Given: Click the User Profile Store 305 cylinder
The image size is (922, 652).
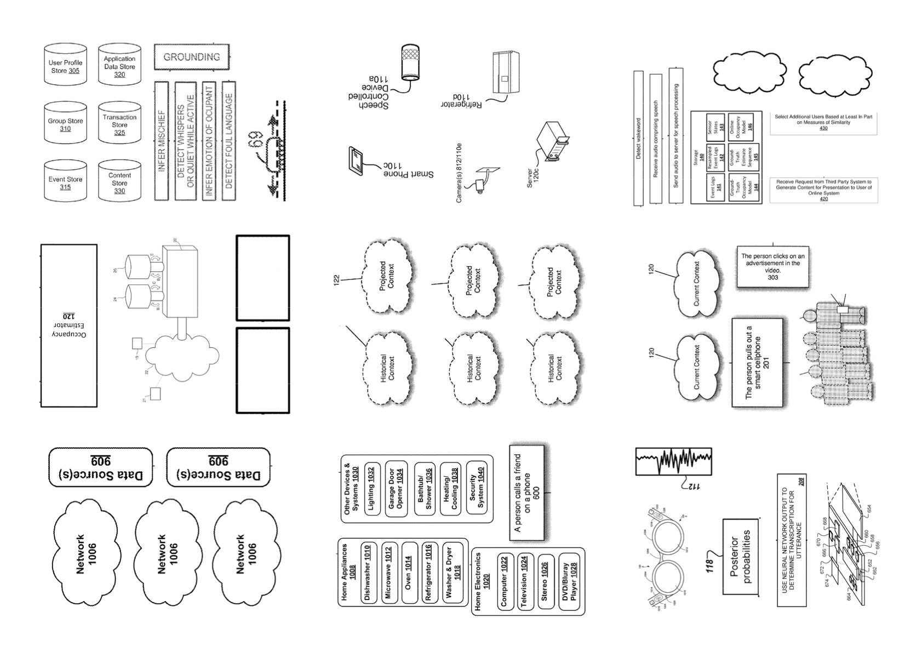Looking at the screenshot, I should point(65,66).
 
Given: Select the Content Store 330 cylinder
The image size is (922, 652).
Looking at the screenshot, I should point(119,182).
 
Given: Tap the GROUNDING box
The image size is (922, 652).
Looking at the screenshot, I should point(191,57).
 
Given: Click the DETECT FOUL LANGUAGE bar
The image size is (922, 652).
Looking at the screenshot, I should point(229,141).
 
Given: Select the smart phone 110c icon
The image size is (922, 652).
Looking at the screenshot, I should point(356,160).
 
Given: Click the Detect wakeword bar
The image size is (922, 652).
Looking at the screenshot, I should point(638,138).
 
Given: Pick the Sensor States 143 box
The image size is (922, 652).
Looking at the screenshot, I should point(715,128).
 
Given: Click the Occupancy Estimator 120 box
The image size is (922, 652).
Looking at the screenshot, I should point(69,325).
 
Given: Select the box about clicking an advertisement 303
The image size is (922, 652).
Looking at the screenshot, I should point(772,267).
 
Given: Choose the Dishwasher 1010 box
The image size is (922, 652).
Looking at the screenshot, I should point(368,573).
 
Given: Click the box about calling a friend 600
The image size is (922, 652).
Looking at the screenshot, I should point(526,493).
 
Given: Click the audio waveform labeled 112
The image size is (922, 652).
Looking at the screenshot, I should point(673,461).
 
